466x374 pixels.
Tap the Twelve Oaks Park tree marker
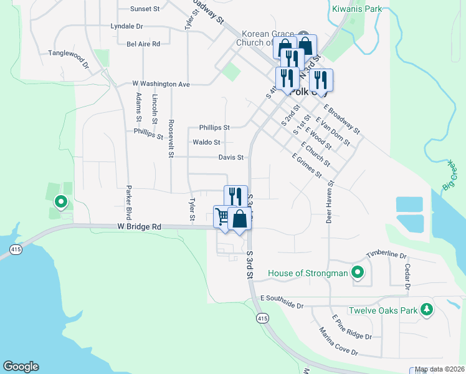click(427, 310)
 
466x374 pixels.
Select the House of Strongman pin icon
click(358, 272)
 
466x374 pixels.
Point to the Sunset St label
click(145, 9)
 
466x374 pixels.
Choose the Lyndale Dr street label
click(126, 27)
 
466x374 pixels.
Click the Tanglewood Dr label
click(69, 54)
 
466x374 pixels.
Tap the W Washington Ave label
click(161, 84)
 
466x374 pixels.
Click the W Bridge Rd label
click(139, 227)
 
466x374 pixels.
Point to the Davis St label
click(230, 157)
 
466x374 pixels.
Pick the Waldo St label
click(206, 142)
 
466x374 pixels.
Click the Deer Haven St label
click(330, 203)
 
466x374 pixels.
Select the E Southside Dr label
click(282, 302)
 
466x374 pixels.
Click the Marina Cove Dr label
click(338, 341)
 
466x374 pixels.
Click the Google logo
click(21, 367)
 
